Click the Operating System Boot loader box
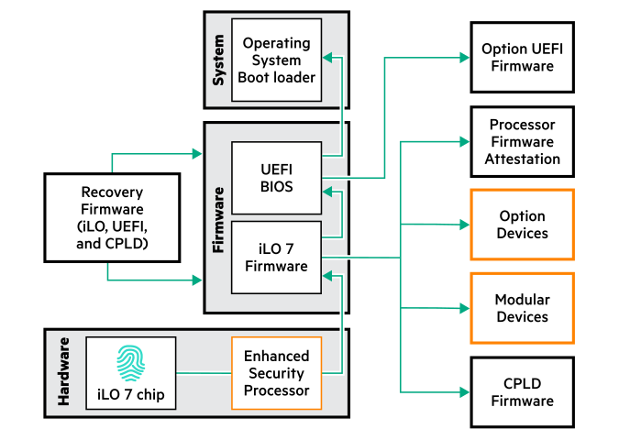(x=276, y=60)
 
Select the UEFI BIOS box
(x=276, y=178)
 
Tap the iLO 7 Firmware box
(x=276, y=258)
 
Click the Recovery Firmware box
(x=112, y=218)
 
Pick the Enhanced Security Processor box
(x=276, y=373)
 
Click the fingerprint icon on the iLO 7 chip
(x=130, y=363)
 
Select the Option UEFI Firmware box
(x=522, y=57)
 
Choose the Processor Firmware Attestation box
(x=522, y=142)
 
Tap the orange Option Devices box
(x=522, y=225)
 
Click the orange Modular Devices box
(x=522, y=308)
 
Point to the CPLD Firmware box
(x=522, y=392)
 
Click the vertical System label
(x=218, y=60)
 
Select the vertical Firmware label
(x=218, y=220)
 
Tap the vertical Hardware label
(x=64, y=371)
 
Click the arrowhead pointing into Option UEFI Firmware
(x=465, y=57)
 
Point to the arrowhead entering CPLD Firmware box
(x=465, y=391)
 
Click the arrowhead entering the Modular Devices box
(x=465, y=308)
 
